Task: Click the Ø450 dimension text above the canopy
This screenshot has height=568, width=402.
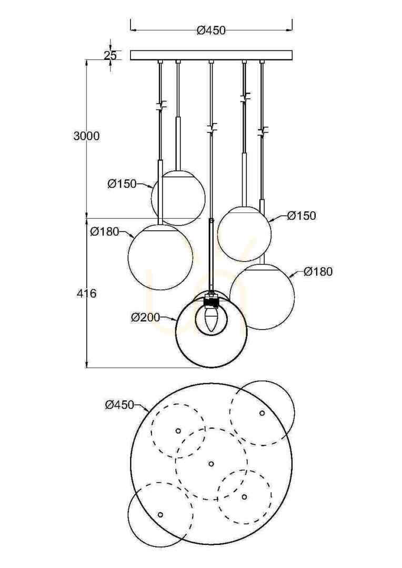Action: pos(211,31)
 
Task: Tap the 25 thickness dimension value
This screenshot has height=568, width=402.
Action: pos(110,55)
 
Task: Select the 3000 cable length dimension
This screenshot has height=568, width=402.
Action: pos(86,136)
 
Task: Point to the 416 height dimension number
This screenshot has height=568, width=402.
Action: pos(87,293)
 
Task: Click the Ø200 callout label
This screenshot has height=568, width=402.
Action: pos(145,318)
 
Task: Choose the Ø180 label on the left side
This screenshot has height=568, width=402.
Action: pos(105,231)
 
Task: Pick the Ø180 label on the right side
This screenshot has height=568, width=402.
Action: pos(318,271)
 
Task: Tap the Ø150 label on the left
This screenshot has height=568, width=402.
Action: pos(122,184)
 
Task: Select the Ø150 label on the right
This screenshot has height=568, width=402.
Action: pos(301,216)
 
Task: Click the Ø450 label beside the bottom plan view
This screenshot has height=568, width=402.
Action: pos(119,404)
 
